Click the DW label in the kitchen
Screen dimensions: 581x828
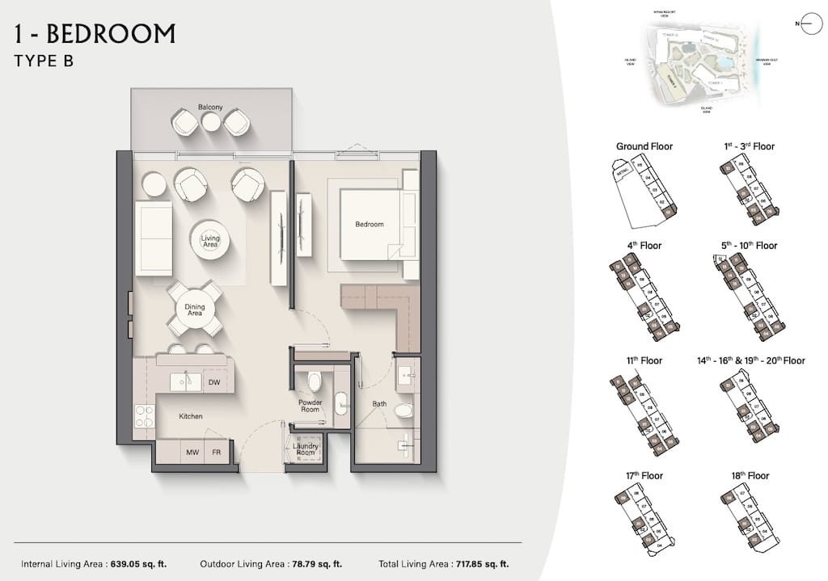(x=213, y=382)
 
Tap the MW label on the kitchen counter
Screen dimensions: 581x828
(x=192, y=453)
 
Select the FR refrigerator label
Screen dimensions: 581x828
(x=217, y=453)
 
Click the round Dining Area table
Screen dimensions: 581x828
(x=194, y=308)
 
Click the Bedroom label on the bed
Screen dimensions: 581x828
(x=370, y=224)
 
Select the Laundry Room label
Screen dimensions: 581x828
(x=306, y=448)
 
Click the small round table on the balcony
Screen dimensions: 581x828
(x=210, y=122)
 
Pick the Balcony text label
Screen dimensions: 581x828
(x=210, y=107)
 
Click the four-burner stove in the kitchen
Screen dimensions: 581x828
(x=144, y=416)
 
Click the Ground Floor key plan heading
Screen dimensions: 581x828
(x=644, y=146)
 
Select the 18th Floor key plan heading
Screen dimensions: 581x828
(x=749, y=476)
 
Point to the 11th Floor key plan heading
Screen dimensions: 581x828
(x=644, y=360)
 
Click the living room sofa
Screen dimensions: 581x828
(x=153, y=239)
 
